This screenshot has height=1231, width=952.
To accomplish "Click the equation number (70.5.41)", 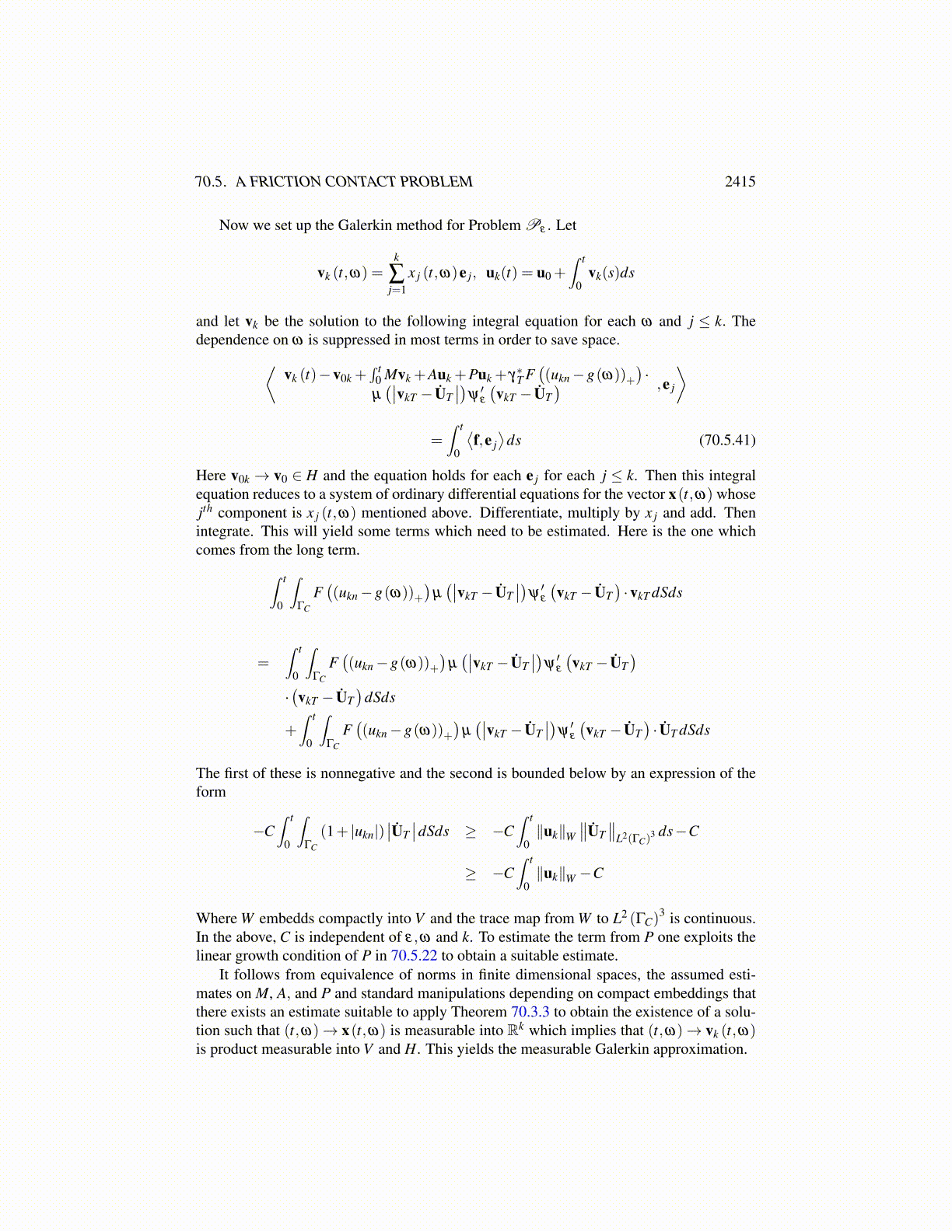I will pyautogui.click(x=727, y=441).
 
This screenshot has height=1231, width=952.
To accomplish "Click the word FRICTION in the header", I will pyautogui.click(x=285, y=182).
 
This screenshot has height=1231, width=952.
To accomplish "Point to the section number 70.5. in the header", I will pyautogui.click(x=211, y=182).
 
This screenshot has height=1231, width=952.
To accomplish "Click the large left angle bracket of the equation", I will pyautogui.click(x=271, y=385).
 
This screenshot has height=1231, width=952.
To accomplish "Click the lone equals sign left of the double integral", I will pyautogui.click(x=264, y=664).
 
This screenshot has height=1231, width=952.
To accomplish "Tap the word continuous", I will pyautogui.click(x=721, y=919).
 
